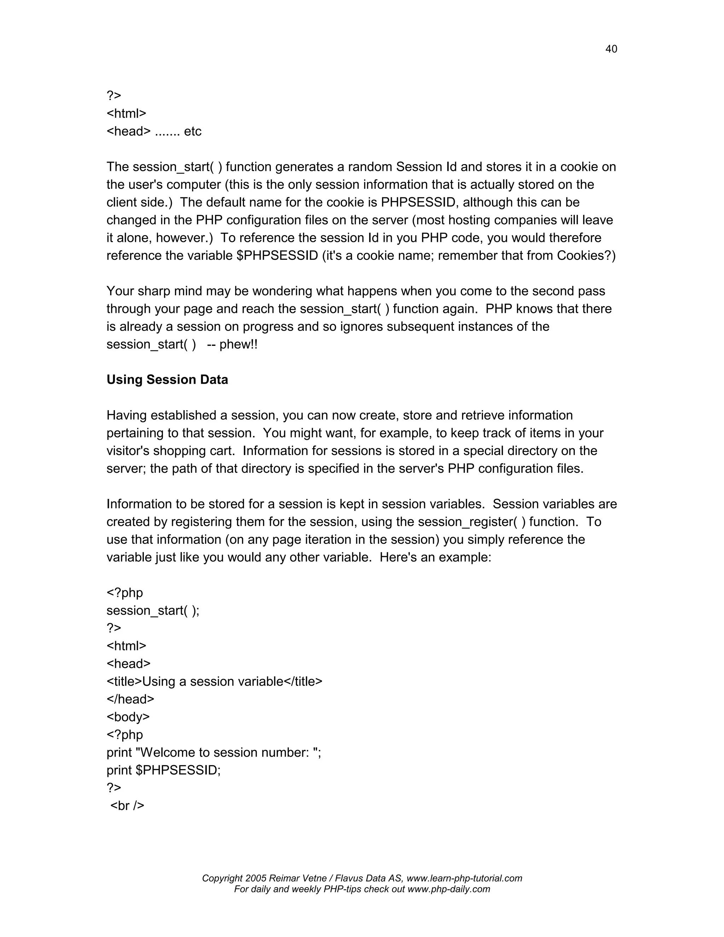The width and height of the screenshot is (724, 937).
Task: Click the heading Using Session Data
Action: (167, 380)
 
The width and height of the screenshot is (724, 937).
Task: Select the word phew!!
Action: (239, 344)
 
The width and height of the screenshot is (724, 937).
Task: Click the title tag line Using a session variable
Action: (214, 681)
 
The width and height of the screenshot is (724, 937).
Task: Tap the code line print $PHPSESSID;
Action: (163, 770)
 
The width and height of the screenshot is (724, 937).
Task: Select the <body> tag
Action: (128, 717)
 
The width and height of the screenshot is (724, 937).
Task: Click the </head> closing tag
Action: (130, 699)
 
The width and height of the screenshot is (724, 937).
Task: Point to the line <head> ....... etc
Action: (153, 131)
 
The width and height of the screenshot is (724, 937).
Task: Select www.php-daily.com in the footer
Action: (449, 889)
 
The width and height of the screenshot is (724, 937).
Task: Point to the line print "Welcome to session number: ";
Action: (214, 752)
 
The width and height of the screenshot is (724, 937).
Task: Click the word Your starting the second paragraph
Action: (120, 291)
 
